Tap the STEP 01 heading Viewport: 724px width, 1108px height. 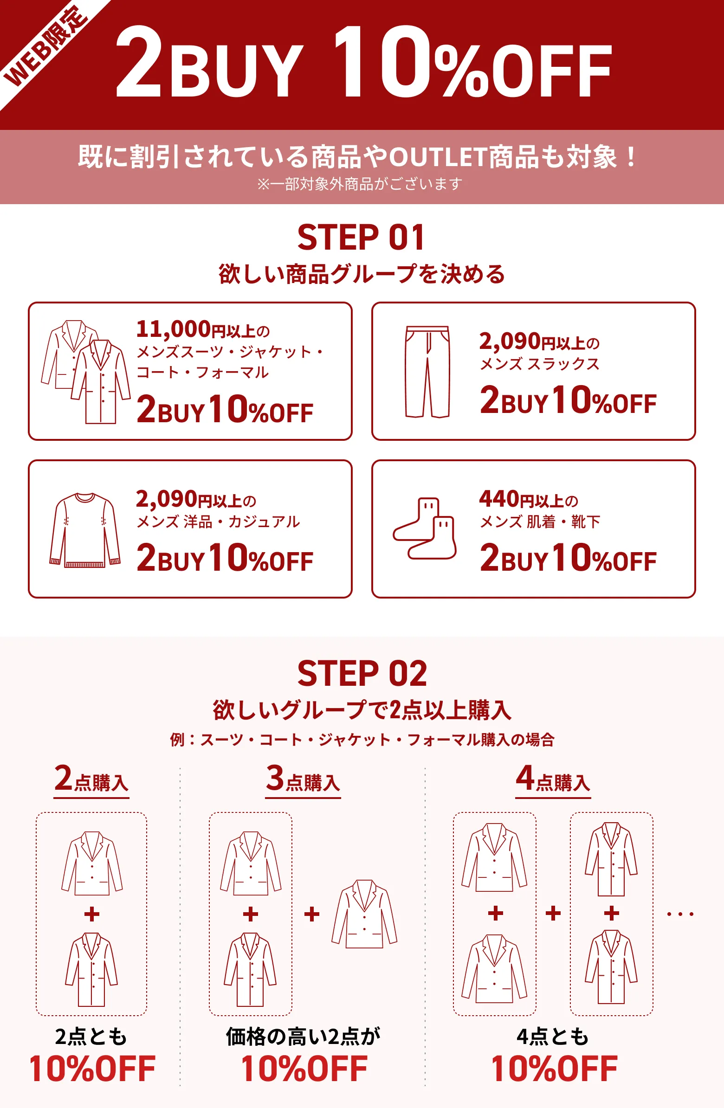[x=361, y=238]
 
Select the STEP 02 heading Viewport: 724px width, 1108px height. [x=362, y=674]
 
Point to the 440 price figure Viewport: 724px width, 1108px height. [x=498, y=499]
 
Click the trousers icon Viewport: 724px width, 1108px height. [x=427, y=372]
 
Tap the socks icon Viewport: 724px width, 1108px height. [x=425, y=528]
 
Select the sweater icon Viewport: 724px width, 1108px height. [x=85, y=530]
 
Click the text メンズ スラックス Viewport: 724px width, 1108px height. [x=540, y=364]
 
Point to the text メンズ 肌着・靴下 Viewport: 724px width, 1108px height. [x=540, y=522]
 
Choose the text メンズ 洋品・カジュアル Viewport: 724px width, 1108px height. [x=218, y=522]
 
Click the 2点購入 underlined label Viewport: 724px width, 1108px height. [x=91, y=780]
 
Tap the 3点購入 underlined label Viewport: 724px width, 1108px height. [x=303, y=780]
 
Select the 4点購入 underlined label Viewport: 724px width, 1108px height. [x=553, y=780]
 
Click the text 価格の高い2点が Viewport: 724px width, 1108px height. [x=303, y=1037]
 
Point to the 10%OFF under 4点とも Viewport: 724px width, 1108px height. [x=554, y=1069]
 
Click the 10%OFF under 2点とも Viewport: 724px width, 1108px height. [x=92, y=1069]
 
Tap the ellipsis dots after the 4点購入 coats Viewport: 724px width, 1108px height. [x=680, y=915]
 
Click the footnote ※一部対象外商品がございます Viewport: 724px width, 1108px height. [x=360, y=184]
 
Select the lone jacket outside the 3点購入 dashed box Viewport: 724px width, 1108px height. [x=364, y=914]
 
